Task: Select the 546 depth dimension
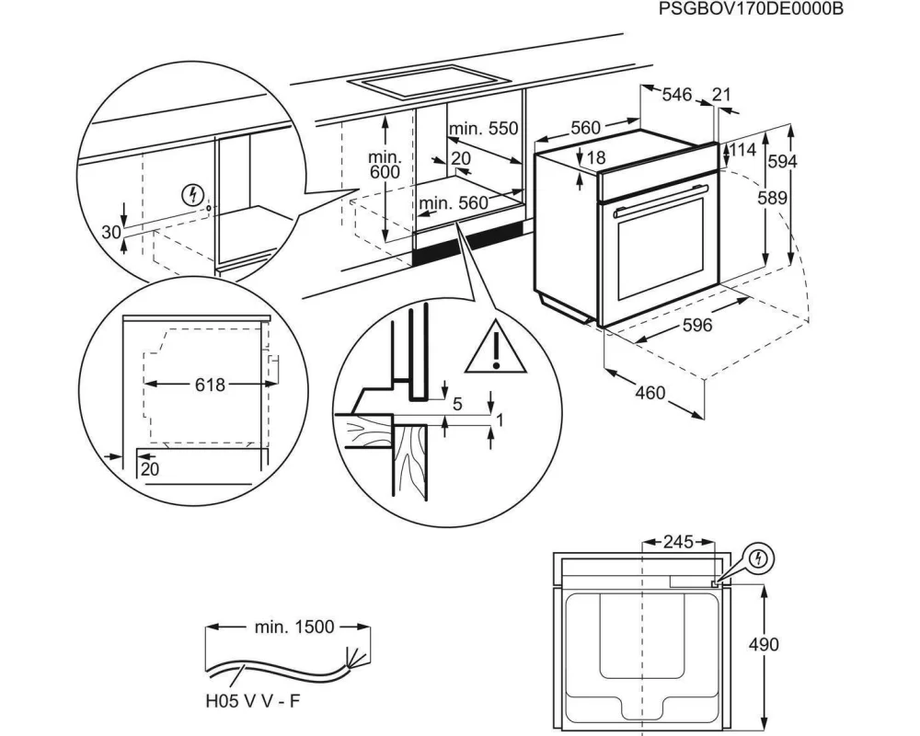(x=676, y=94)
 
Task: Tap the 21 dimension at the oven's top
(x=722, y=94)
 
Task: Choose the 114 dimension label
(x=742, y=150)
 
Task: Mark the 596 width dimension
(x=698, y=325)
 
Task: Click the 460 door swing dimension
(x=650, y=393)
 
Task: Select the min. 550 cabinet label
(x=484, y=129)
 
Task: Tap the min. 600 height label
(x=385, y=165)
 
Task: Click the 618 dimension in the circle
(x=210, y=385)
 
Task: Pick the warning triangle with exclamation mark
(x=495, y=349)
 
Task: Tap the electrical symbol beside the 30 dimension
(x=194, y=194)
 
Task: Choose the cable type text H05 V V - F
(x=252, y=702)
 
